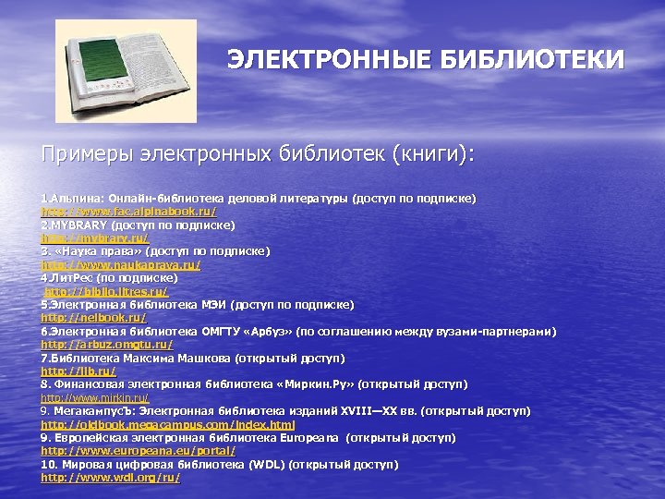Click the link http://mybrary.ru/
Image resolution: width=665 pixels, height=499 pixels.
click(x=94, y=238)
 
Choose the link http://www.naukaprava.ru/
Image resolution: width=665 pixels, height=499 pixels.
click(x=120, y=264)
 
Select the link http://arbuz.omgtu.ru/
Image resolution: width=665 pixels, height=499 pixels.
click(x=107, y=344)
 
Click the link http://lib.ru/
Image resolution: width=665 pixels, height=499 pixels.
click(x=79, y=371)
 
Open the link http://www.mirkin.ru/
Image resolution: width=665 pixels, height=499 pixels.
click(x=95, y=397)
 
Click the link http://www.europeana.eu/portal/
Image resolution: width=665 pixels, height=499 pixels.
click(x=139, y=450)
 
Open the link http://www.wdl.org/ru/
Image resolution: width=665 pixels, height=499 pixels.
click(x=111, y=477)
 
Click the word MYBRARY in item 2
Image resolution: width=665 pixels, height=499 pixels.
click(x=77, y=225)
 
